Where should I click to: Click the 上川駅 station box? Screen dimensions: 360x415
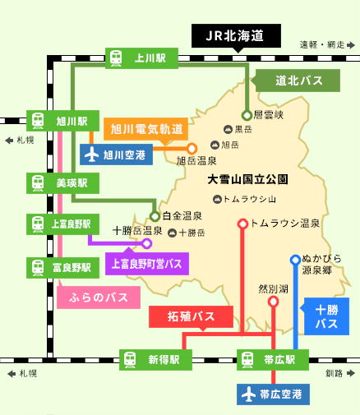pos(141,58)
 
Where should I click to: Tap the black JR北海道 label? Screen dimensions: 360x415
pos(236,36)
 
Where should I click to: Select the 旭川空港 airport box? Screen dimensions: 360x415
pos(116,154)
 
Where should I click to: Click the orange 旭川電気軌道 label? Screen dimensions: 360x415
pos(145,129)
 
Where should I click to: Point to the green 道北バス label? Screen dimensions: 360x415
pos(298,81)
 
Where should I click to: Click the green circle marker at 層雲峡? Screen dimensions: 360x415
pos(247,115)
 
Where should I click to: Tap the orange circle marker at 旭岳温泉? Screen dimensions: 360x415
pos(192,149)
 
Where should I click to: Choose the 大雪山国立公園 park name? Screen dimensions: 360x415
pos(247,179)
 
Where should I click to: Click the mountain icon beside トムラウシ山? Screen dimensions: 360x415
pos(217,199)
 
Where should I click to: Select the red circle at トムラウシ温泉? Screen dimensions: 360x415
pos(242,224)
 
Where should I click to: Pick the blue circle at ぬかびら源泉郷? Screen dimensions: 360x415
pos(295,260)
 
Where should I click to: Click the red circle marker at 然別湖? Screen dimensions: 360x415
pos(273,302)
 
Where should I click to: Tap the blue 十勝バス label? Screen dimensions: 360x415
pos(326,316)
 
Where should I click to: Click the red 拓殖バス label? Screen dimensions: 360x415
pos(191,316)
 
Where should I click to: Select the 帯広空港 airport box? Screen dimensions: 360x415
pos(273,394)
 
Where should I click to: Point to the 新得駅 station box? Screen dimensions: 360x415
pos(155,360)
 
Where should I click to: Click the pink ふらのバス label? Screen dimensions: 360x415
pos(99,297)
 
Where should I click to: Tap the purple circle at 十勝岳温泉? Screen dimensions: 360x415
pos(147,243)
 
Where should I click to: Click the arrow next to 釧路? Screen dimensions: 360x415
pos(351,373)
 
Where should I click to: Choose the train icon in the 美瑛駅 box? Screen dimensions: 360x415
pos(38,183)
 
